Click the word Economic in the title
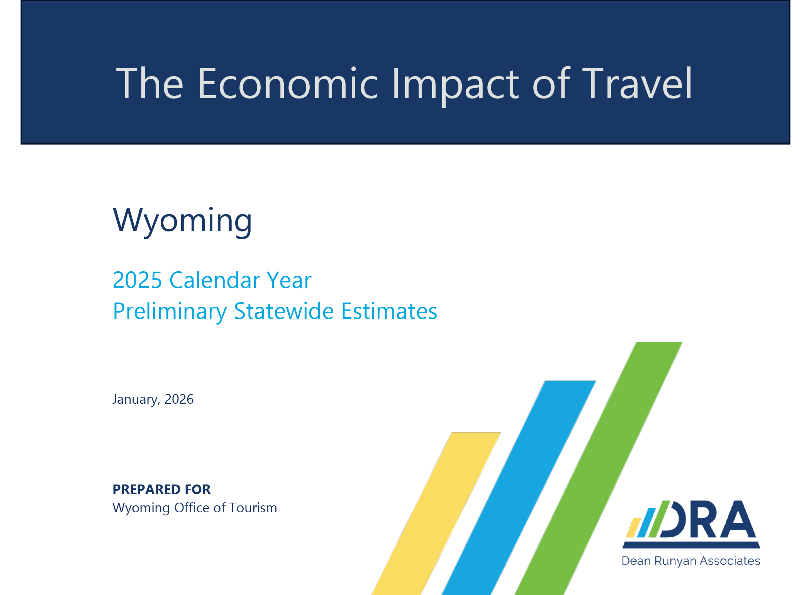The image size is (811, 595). (x=288, y=83)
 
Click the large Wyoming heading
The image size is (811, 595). (x=182, y=221)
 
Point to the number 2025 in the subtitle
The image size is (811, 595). (x=137, y=280)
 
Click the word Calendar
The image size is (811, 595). (x=214, y=280)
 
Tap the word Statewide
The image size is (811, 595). (x=284, y=311)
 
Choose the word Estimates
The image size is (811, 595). (x=389, y=311)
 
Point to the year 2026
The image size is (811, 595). (x=179, y=399)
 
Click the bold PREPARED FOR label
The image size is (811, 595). (x=161, y=489)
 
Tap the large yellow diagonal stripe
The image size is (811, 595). (x=436, y=514)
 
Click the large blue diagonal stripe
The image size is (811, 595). (x=519, y=488)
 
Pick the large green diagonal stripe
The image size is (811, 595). (x=599, y=468)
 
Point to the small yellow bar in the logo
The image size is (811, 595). (x=633, y=527)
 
